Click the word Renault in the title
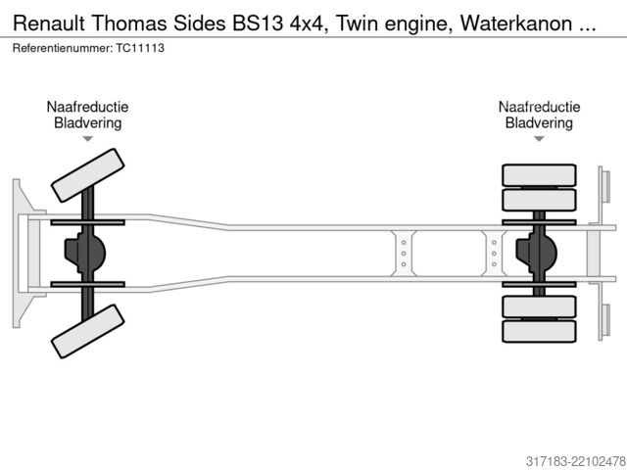tap(49, 23)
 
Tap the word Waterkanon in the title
tap(516, 23)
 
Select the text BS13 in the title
tap(258, 23)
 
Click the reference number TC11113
tap(140, 48)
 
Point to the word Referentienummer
tap(63, 48)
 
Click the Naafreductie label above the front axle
tap(87, 107)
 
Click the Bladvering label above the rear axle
tap(539, 122)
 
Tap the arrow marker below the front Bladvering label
tap(87, 139)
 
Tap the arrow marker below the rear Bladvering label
tap(539, 139)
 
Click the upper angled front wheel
tap(87, 175)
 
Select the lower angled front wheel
tap(87, 331)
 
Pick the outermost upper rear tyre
tap(539, 175)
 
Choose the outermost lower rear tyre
tap(539, 331)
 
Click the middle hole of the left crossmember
tap(404, 254)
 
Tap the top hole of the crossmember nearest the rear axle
tap(494, 243)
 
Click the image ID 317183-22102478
tap(575, 461)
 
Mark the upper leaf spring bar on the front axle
tap(87, 222)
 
